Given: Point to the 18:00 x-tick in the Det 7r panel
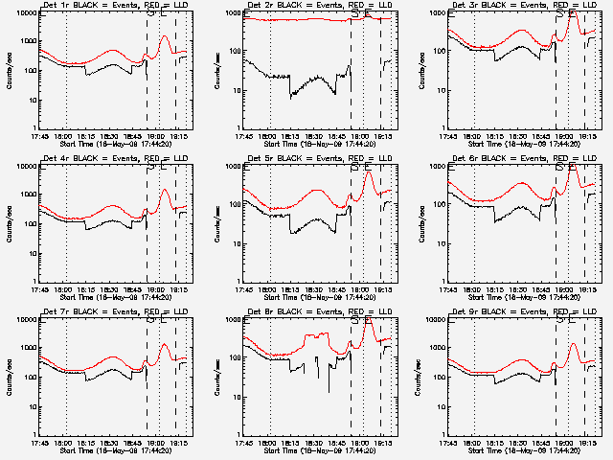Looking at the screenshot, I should tap(66, 442).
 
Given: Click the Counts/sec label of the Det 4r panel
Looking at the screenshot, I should tap(11, 223).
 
